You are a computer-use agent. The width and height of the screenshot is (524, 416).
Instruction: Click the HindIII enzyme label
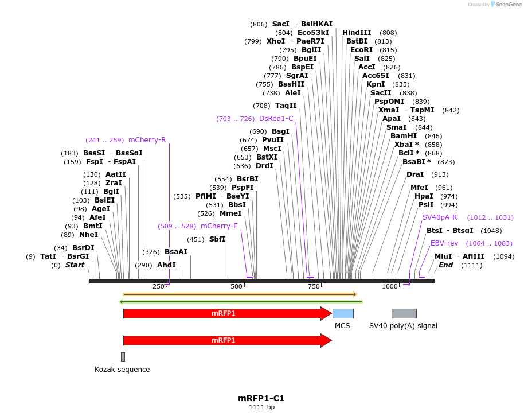click(x=357, y=33)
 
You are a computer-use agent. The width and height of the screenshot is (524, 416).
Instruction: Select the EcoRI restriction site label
click(x=361, y=50)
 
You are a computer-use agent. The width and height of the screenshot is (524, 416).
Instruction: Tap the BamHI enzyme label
click(x=404, y=136)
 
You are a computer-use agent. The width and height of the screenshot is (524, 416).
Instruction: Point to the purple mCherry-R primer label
click(x=147, y=140)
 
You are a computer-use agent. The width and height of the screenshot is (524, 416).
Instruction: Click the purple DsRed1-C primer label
click(x=276, y=119)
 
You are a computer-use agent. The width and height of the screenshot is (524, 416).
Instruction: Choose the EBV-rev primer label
click(x=444, y=243)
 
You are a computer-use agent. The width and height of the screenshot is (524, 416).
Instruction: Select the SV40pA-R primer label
click(x=440, y=217)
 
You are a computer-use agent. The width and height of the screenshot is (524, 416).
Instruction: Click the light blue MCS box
click(x=343, y=313)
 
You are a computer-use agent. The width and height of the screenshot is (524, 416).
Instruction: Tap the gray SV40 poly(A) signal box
click(x=404, y=313)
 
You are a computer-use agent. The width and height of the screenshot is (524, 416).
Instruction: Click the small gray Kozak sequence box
click(x=123, y=357)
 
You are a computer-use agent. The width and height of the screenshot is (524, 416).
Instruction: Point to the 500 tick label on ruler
click(x=236, y=286)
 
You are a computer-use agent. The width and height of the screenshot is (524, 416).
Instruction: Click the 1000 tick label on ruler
click(x=390, y=286)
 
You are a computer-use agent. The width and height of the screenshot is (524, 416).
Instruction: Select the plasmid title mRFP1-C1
click(x=261, y=398)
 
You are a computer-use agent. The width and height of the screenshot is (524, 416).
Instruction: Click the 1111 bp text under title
click(x=261, y=407)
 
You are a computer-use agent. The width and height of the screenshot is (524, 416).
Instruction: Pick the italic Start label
click(x=75, y=265)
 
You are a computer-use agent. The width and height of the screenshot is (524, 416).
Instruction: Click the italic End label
click(x=445, y=265)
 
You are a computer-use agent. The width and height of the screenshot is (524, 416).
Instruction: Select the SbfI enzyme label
click(x=217, y=239)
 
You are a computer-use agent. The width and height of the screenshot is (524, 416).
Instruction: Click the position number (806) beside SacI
click(x=259, y=24)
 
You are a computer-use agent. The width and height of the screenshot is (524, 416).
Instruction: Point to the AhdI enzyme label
click(x=166, y=265)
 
